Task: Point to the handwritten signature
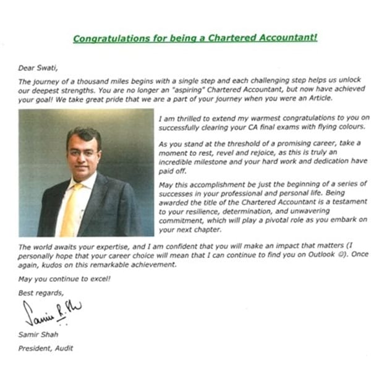click(x=53, y=313)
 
